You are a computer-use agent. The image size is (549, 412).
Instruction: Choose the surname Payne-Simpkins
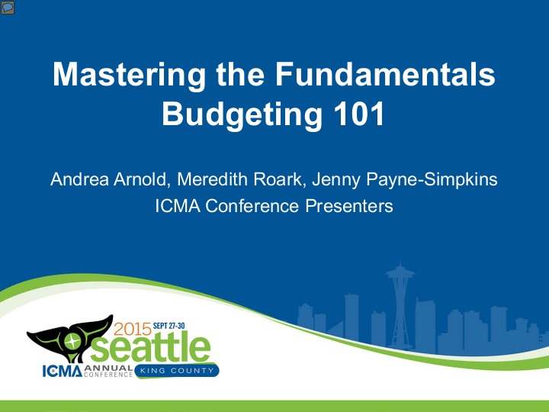(429, 181)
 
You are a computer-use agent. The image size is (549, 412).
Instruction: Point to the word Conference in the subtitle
(236, 205)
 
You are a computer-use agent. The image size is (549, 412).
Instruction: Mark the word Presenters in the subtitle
(347, 205)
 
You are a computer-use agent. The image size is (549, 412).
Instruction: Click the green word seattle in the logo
(160, 349)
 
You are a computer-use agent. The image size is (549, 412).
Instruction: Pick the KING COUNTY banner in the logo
(176, 371)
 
